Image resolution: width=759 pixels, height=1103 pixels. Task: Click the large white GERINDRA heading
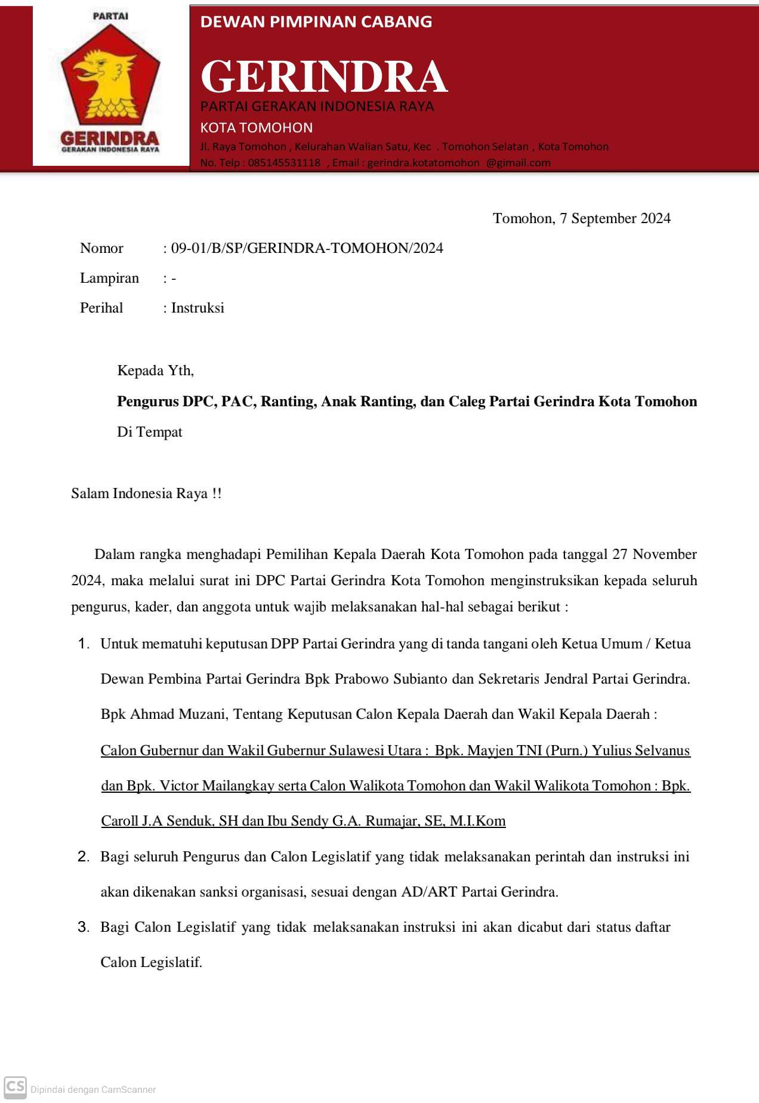324,77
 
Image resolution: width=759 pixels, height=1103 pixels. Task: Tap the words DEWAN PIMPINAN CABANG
316,22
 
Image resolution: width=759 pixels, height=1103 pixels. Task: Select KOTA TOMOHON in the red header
257,128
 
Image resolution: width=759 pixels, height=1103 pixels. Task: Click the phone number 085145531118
284,163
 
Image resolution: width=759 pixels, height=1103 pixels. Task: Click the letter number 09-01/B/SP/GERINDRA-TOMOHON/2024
307,248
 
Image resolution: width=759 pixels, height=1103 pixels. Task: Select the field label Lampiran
109,278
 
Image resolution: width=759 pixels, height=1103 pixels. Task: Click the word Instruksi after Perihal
198,308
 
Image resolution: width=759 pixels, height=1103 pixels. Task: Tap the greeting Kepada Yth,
155,370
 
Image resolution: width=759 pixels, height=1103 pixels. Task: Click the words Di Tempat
150,432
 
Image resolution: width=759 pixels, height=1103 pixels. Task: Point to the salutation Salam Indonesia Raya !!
146,493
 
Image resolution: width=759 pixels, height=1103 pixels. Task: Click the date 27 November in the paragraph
655,554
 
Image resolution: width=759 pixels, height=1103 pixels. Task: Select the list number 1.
83,644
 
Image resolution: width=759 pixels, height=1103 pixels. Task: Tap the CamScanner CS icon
16,1086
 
